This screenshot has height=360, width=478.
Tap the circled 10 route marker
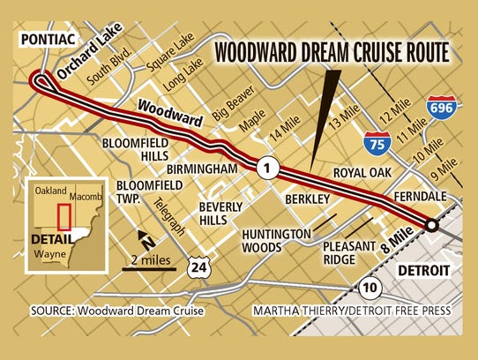coord(370,286)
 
